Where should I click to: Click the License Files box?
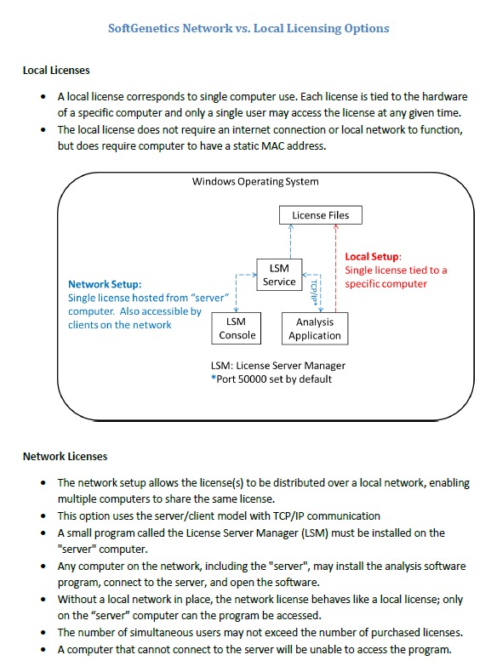[x=320, y=215]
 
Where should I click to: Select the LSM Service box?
[x=279, y=275]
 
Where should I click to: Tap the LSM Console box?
[x=237, y=328]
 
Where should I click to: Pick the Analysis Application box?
[x=315, y=328]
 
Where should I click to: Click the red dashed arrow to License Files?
[x=336, y=268]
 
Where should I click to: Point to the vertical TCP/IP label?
[x=313, y=293]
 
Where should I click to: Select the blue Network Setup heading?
[x=105, y=284]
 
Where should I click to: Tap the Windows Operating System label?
[x=255, y=182]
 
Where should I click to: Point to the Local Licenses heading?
[x=56, y=71]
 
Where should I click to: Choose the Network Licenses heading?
[x=66, y=457]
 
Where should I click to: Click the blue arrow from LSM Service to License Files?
[x=291, y=242]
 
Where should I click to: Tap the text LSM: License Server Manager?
[x=278, y=366]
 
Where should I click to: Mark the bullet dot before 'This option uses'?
[x=43, y=516]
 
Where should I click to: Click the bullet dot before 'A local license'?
[x=43, y=97]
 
